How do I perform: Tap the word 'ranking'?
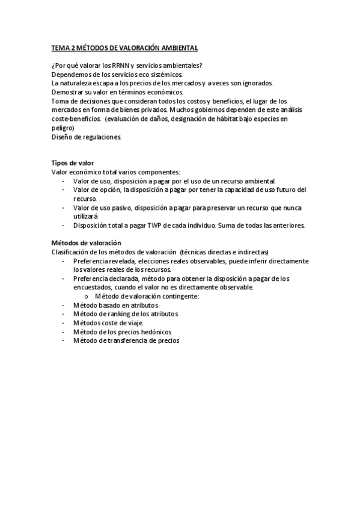coord(119,313)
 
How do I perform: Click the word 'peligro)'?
coord(63,127)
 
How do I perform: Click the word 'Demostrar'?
coord(67,92)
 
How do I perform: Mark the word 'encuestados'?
coord(93,287)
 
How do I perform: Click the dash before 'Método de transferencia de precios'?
coord(64,340)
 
